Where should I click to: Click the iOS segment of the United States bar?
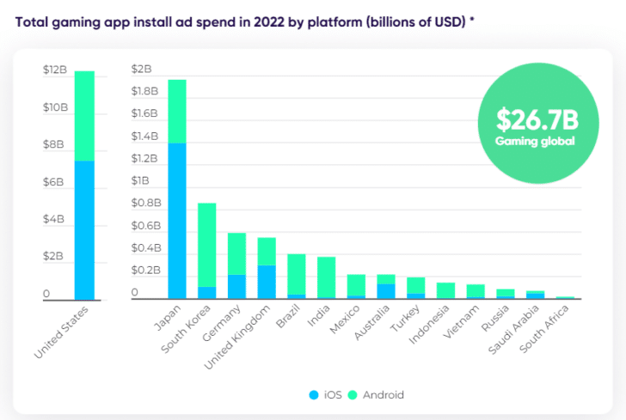coord(83,229)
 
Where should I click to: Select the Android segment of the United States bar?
coord(83,116)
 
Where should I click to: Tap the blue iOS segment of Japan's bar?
coord(177,220)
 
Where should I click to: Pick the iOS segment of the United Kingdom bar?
coord(267,282)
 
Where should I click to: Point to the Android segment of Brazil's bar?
coord(297,274)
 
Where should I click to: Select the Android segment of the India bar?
coord(326,277)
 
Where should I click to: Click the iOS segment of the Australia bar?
coord(385,291)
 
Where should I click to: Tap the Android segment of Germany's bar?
coord(236,254)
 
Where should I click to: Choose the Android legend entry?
coord(377,395)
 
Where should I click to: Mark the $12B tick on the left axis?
coord(54,70)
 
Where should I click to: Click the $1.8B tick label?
coord(144,91)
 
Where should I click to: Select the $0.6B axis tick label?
coord(144,226)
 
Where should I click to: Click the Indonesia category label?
coord(429,325)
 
